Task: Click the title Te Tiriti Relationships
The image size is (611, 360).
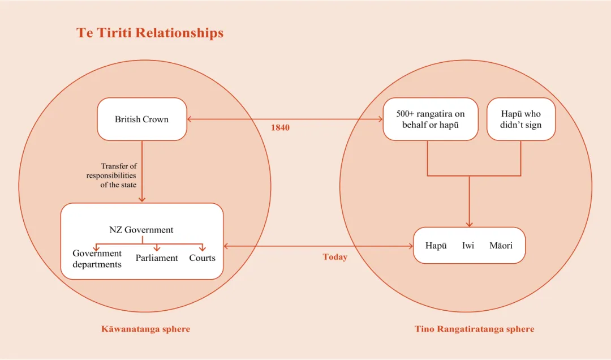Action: pos(149,33)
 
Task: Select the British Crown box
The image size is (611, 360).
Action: pos(142,119)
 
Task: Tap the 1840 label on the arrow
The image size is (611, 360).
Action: pos(280,127)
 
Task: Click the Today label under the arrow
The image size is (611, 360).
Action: pos(335,257)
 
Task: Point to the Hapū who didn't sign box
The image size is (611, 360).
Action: pos(521,119)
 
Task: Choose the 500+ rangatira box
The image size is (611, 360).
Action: pos(431,119)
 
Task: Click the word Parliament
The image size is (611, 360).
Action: pos(157,258)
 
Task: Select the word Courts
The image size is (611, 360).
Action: pos(202,258)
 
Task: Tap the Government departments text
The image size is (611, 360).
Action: pos(97,259)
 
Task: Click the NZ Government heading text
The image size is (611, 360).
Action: pos(141,230)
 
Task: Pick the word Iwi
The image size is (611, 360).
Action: pos(468,245)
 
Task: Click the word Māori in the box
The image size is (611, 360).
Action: pos(501,245)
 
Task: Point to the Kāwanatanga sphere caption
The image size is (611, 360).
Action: pos(146,329)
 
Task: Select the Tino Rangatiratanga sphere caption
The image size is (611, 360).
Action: pos(474,329)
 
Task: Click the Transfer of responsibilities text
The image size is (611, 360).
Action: pos(111,175)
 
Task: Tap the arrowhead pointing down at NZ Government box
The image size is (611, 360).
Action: pos(142,199)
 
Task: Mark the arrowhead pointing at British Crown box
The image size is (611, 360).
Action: pos(190,119)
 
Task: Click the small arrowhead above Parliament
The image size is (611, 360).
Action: pos(157,248)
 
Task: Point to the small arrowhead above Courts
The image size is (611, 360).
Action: pos(202,248)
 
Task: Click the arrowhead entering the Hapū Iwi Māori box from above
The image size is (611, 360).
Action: pos(469,224)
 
